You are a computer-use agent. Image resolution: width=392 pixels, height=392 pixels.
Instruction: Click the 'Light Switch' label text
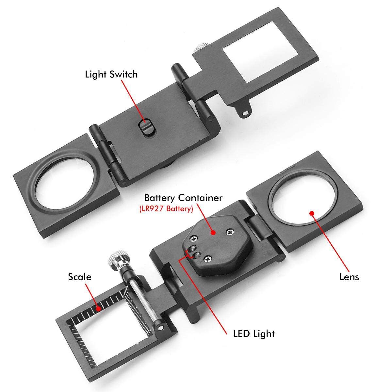click(x=111, y=74)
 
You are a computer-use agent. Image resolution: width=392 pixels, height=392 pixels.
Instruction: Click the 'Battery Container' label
click(x=183, y=198)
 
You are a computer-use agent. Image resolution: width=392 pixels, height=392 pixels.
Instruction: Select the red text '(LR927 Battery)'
click(x=166, y=209)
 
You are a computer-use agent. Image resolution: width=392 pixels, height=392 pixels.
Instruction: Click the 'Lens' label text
click(x=349, y=277)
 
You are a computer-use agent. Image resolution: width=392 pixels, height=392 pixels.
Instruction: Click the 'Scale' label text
click(x=80, y=277)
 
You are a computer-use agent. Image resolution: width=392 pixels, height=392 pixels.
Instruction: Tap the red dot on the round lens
click(x=311, y=213)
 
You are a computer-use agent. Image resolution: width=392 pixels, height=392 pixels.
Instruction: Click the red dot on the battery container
click(x=213, y=233)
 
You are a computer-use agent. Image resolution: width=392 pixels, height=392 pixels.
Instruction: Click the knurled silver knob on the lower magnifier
click(x=118, y=258)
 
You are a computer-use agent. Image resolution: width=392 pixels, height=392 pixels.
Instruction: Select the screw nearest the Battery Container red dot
click(x=231, y=232)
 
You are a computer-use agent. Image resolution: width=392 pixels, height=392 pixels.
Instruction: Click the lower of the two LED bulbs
click(x=197, y=255)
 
